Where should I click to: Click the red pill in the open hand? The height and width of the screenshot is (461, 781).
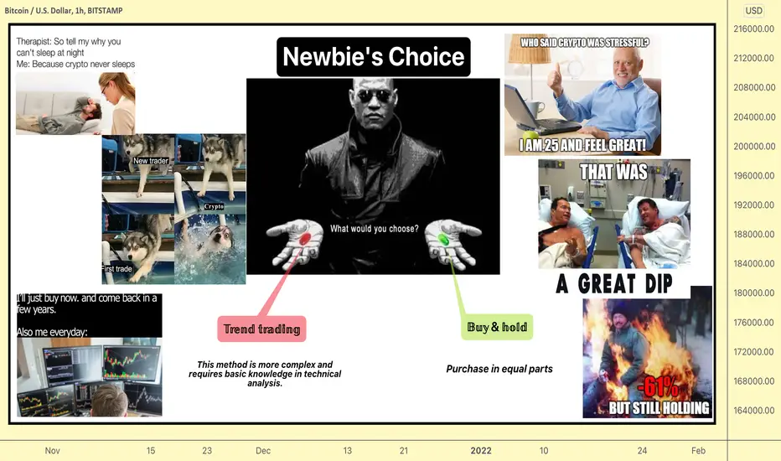305,238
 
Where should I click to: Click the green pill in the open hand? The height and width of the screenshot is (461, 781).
442,240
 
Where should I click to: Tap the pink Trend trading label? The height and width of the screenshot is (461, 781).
262,329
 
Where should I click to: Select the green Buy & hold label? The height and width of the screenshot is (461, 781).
497,327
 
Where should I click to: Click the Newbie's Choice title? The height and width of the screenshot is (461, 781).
374,56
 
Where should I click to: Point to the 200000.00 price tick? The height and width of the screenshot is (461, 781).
754,146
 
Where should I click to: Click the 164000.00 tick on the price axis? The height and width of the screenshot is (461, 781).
754,410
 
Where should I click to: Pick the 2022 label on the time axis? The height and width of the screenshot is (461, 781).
481,451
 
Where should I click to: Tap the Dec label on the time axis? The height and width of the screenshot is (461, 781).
263,451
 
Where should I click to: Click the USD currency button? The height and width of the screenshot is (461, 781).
753,10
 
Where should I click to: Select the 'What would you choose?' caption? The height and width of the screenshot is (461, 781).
375,229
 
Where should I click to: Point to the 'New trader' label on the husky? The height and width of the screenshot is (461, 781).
151,160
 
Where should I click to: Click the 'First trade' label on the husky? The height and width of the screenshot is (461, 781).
117,268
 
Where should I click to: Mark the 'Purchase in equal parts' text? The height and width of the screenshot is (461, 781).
499,369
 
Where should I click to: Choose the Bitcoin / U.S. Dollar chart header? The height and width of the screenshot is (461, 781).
63,10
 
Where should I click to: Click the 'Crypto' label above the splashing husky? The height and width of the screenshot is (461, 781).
214,206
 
